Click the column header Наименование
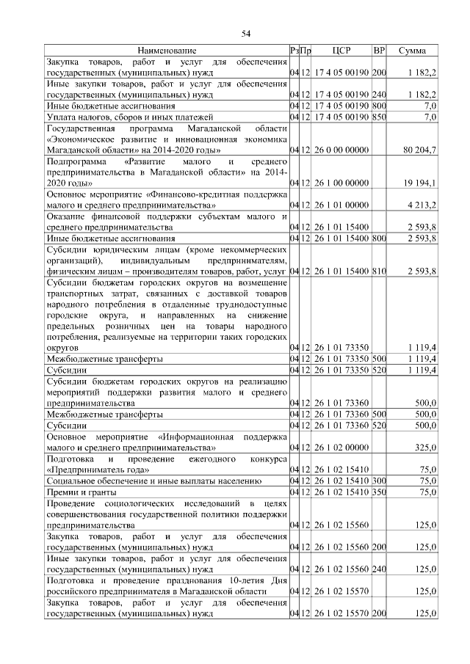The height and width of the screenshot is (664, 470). [167, 51]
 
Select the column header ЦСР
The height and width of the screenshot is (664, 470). [341, 51]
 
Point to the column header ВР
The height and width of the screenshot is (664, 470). [379, 51]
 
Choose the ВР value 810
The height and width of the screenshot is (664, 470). [379, 271]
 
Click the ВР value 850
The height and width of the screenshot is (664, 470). [379, 116]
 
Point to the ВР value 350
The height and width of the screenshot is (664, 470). [379, 492]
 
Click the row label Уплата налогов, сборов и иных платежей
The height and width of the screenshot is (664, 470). [129, 116]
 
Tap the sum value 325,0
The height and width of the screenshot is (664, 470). [425, 446]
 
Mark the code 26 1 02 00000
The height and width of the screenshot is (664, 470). [341, 446]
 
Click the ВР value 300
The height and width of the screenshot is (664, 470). [379, 481]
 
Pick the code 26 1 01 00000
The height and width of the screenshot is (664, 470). [341, 206]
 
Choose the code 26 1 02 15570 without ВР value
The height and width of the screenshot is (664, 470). [341, 590]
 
